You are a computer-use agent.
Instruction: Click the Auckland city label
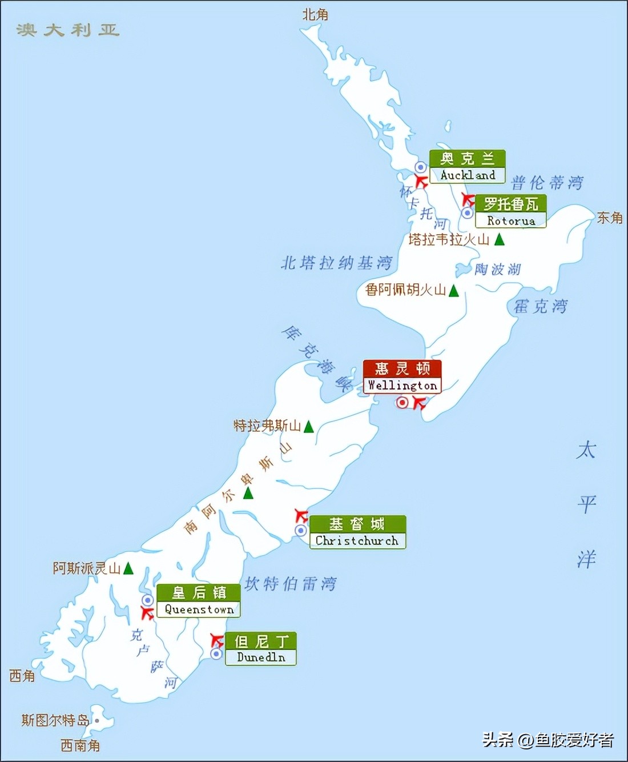pyautogui.click(x=467, y=167)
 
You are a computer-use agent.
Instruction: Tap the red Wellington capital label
pyautogui.click(x=402, y=377)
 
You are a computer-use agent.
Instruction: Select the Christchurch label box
pyautogui.click(x=357, y=532)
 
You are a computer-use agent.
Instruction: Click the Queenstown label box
pyautogui.click(x=199, y=601)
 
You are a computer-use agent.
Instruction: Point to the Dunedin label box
pyautogui.click(x=260, y=649)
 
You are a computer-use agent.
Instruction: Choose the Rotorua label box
pyautogui.click(x=510, y=212)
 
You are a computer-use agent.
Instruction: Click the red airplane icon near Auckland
pyautogui.click(x=421, y=182)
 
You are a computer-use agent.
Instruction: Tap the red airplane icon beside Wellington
pyautogui.click(x=420, y=403)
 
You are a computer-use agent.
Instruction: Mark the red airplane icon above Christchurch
pyautogui.click(x=301, y=515)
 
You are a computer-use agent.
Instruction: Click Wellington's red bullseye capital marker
pyautogui.click(x=402, y=403)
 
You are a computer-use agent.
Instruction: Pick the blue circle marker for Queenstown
pyautogui.click(x=148, y=600)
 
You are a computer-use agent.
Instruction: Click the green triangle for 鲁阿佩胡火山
pyautogui.click(x=454, y=291)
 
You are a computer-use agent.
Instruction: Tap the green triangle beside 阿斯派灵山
pyautogui.click(x=128, y=568)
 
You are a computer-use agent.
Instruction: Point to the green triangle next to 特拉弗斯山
pyautogui.click(x=309, y=426)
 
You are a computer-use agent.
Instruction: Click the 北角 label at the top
pyautogui.click(x=315, y=15)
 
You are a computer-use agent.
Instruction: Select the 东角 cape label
pyautogui.click(x=609, y=218)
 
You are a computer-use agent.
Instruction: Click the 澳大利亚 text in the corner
pyautogui.click(x=67, y=30)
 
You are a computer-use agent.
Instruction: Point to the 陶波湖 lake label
pyautogui.click(x=497, y=269)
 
